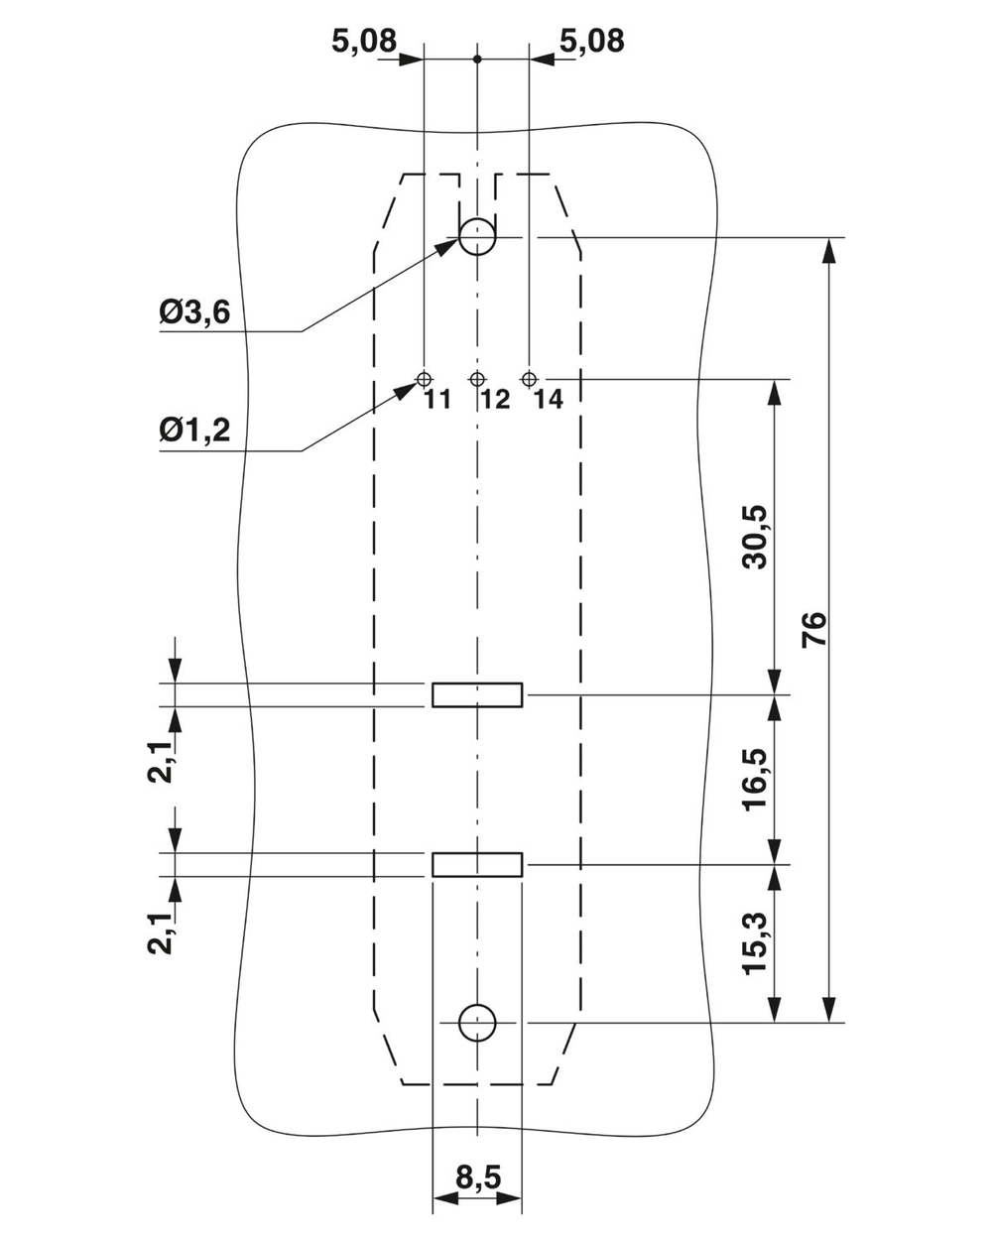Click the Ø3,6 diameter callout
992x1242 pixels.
194,313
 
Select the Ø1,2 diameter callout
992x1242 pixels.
194,430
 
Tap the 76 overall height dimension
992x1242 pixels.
814,630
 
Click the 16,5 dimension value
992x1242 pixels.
756,780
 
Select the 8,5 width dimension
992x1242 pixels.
478,1178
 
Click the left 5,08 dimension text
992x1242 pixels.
363,41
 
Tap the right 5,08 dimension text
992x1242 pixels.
592,41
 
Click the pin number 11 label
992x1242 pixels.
437,400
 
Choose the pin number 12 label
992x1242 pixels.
495,400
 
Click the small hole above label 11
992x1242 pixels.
425,379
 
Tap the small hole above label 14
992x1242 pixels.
530,379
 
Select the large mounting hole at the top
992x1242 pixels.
477,238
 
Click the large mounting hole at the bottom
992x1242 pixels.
477,1022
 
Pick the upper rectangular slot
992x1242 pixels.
477,694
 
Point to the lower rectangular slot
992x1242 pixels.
477,864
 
